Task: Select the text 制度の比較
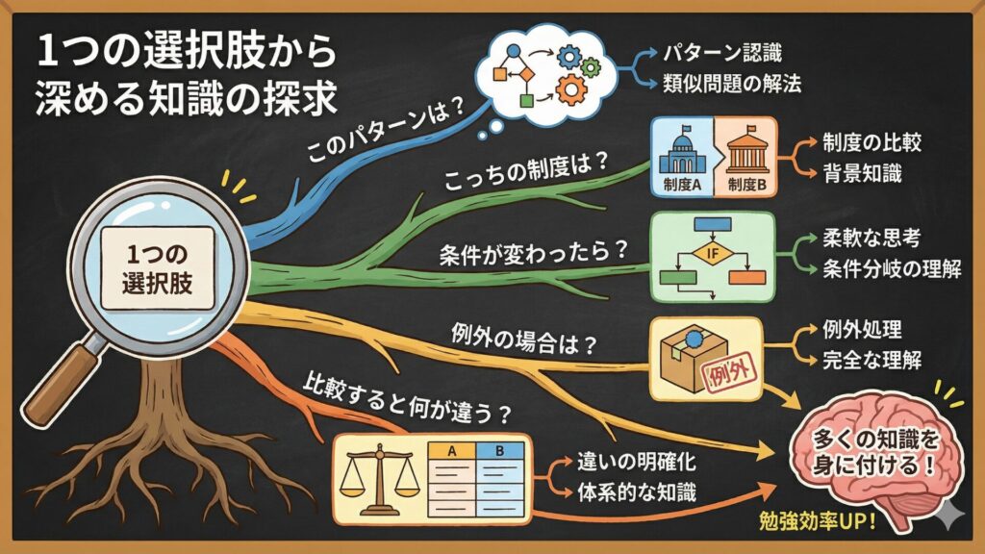pyautogui.click(x=872, y=142)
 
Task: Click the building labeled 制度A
pyautogui.click(x=682, y=153)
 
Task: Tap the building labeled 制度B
pyautogui.click(x=745, y=153)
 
